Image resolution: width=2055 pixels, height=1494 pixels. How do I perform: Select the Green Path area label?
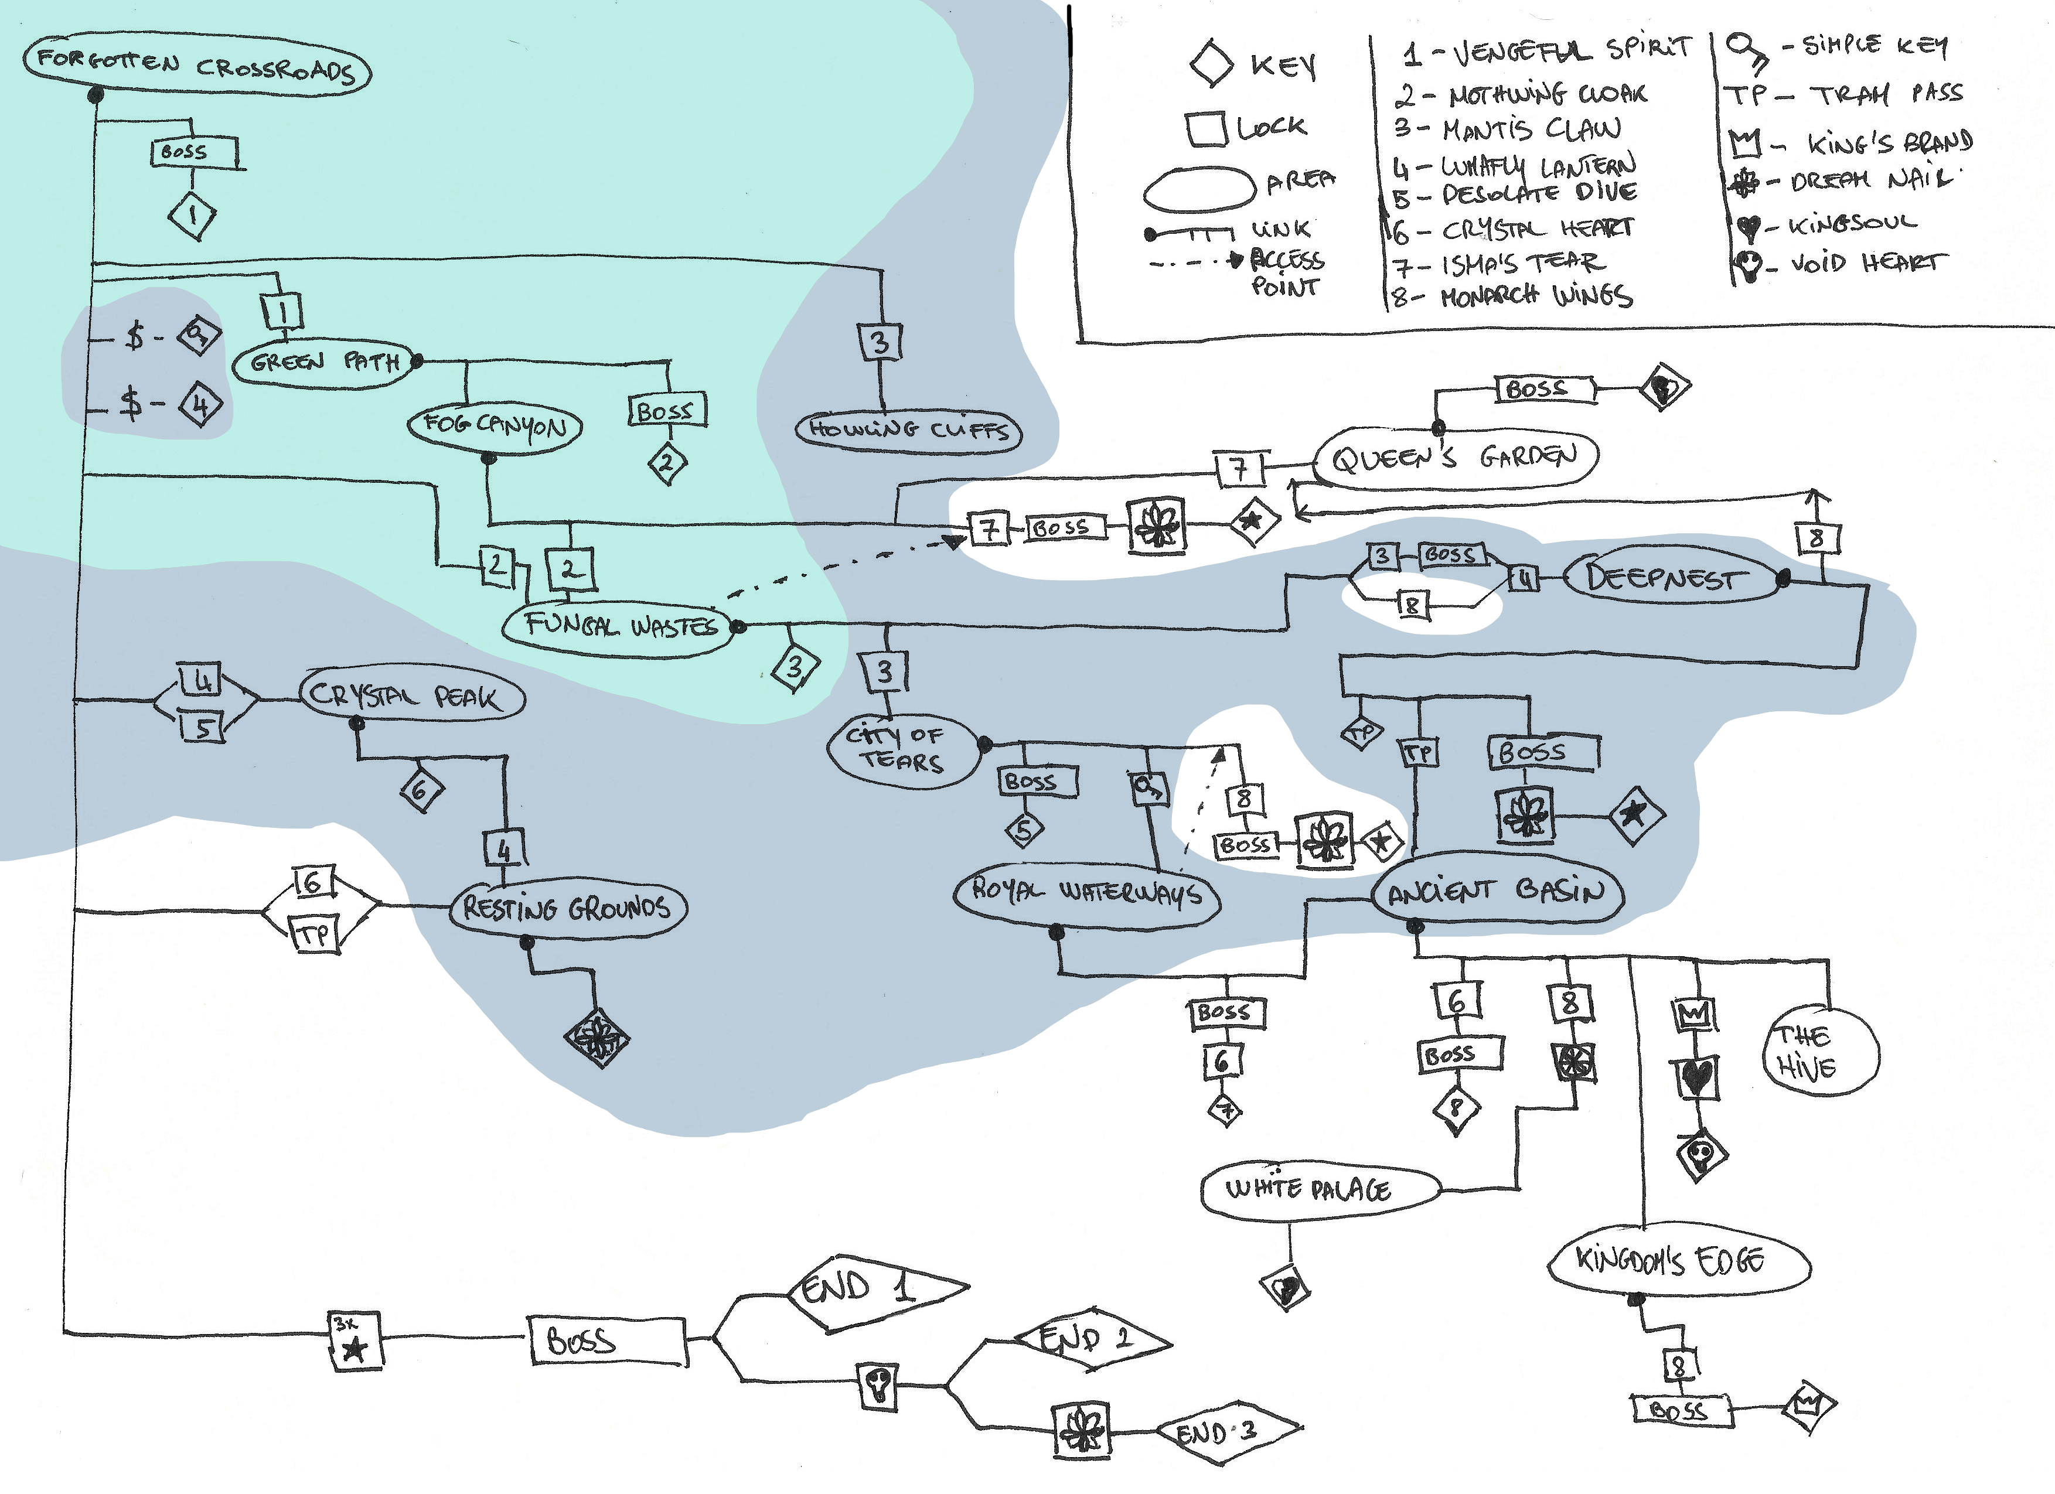[x=323, y=363]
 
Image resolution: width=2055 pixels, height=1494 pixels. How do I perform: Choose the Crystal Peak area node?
[x=413, y=696]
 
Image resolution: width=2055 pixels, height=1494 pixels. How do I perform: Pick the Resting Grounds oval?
[x=567, y=907]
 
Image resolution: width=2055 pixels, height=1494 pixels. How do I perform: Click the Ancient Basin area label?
[x=1496, y=891]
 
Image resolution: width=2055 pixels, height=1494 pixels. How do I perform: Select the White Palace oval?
[x=1318, y=1189]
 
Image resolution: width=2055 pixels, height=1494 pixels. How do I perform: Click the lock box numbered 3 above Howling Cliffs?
[x=879, y=343]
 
